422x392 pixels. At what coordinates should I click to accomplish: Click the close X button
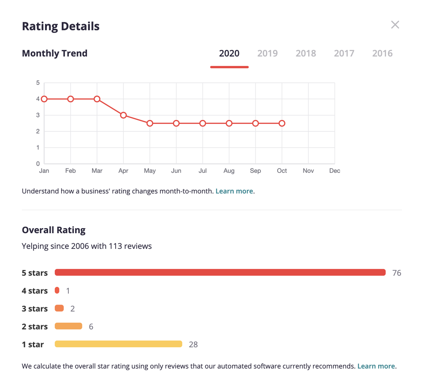pos(395,25)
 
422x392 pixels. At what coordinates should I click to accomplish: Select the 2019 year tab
pos(268,54)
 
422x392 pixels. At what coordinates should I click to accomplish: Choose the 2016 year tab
pos(382,54)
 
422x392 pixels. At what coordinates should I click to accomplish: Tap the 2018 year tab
pos(306,54)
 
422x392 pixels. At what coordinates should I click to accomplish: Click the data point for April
pos(123,115)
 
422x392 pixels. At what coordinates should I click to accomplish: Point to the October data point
pos(282,123)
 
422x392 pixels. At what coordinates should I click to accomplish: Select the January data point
pos(44,99)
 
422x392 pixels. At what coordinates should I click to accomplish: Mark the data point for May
pos(150,123)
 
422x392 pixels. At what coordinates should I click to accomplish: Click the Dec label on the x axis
pos(335,171)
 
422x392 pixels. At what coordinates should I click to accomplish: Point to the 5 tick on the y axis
pos(38,83)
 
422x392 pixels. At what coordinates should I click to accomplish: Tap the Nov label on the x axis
pos(308,171)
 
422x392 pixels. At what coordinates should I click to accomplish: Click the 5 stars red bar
pos(220,272)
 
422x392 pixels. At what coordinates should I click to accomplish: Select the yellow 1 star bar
pos(118,344)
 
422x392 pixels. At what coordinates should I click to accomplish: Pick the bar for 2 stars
pos(68,326)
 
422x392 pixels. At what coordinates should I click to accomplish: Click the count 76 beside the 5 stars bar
pos(397,273)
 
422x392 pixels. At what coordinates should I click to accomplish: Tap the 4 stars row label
pos(35,291)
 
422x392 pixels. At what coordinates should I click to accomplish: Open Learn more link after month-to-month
pos(234,191)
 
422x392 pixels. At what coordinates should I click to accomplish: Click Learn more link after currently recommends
pos(376,366)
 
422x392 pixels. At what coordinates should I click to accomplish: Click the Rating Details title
pos(61,26)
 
